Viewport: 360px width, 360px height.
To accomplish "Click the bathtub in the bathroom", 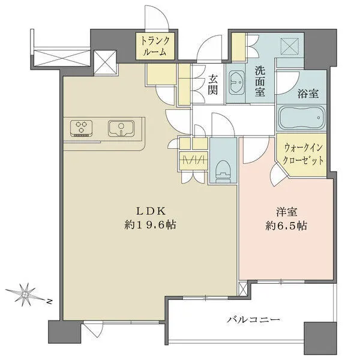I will [x=302, y=118].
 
